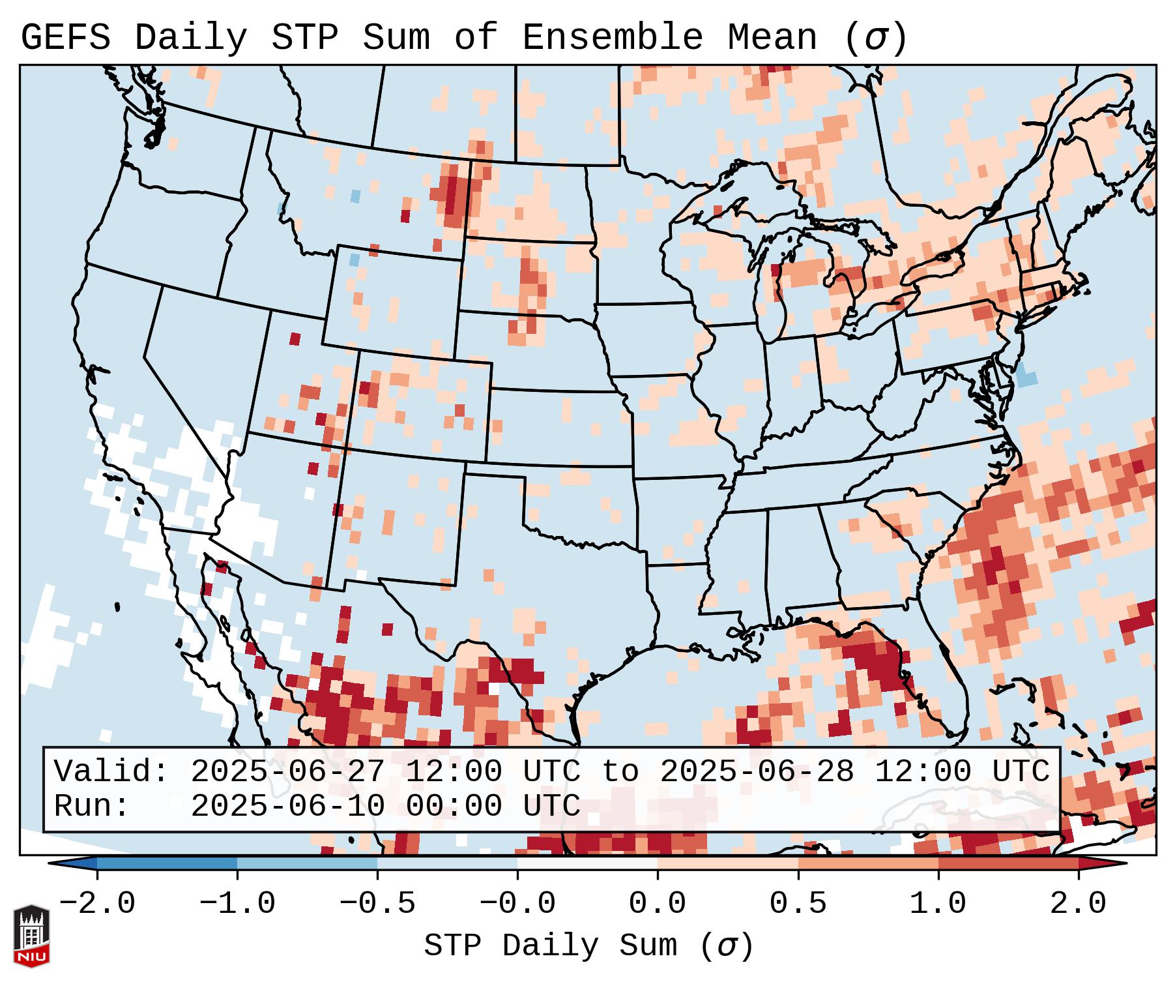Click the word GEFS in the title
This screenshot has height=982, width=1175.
pos(65,38)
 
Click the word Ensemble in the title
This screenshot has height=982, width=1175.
pos(613,38)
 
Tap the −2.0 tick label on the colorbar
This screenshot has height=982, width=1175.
pos(97,904)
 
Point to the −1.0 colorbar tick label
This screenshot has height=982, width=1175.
pos(237,904)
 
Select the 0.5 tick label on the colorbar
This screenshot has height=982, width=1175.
pos(798,904)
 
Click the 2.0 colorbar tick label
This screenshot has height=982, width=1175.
pos(1078,904)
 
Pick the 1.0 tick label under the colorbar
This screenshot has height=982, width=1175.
pos(938,904)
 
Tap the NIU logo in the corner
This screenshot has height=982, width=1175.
pos(31,936)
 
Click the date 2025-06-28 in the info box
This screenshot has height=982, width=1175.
pos(757,771)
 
